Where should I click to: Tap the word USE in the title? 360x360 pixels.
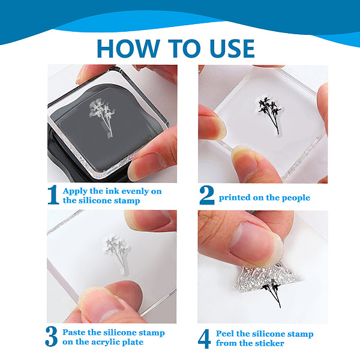(x=232, y=49)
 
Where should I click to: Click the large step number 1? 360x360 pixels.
(x=53, y=194)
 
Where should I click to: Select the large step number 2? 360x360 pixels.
(x=207, y=195)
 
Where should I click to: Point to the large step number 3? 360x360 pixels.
(x=51, y=337)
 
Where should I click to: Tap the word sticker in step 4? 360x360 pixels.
(x=270, y=343)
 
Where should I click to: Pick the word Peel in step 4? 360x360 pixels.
(x=224, y=334)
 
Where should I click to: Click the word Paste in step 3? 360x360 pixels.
(x=74, y=332)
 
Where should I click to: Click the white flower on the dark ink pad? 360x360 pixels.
(x=102, y=117)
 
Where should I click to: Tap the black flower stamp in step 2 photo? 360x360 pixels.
(x=270, y=115)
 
